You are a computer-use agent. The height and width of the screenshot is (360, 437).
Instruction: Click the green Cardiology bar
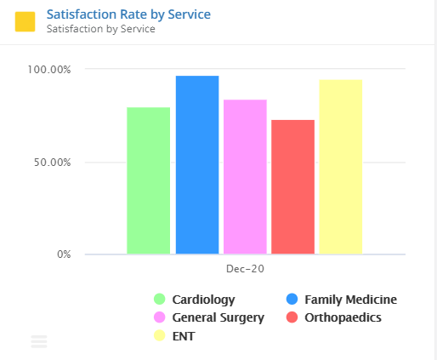148,180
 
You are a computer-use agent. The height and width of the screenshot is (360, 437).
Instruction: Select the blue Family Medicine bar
197,165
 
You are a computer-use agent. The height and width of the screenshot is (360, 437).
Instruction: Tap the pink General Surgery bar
245,177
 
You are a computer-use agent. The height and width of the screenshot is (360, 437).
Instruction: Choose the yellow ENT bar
341,167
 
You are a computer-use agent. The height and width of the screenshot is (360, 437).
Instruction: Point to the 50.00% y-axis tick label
53,162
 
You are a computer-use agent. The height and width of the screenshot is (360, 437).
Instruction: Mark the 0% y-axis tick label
65,254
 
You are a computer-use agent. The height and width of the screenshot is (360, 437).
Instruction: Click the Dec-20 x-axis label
245,269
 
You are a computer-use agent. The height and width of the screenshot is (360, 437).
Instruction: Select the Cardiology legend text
203,300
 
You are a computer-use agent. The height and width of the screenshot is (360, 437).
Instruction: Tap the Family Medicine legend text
350,300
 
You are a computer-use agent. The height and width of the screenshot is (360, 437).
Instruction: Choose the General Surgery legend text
218,317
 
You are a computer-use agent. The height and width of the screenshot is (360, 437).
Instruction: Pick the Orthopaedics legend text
343,317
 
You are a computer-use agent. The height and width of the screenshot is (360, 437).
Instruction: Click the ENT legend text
184,336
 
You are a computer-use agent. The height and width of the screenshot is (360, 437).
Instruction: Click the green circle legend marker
159,300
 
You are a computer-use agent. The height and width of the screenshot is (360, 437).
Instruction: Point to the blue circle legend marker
292,300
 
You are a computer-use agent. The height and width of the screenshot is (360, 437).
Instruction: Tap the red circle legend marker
292,317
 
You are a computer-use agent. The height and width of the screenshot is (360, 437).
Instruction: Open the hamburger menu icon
39,342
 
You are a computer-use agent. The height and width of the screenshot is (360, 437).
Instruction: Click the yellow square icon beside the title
26,21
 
